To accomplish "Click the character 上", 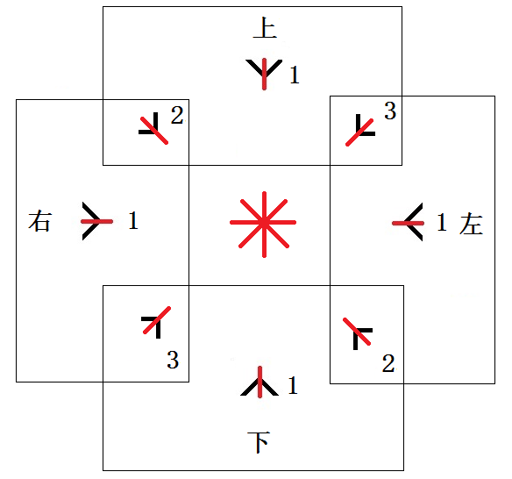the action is [x=265, y=27].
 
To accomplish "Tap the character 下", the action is [x=259, y=442].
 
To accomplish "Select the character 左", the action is [x=471, y=224].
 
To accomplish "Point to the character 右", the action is [x=39, y=221].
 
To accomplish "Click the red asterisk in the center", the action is [x=264, y=224].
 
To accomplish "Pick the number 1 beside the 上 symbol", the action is [x=295, y=75].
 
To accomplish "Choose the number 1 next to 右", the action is [x=133, y=220].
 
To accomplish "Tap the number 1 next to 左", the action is [x=442, y=222].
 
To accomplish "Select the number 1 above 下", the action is [x=293, y=385].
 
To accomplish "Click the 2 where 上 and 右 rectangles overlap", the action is [x=177, y=115].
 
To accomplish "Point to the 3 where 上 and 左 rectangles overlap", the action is [x=390, y=111].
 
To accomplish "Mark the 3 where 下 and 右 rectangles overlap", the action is [x=173, y=360].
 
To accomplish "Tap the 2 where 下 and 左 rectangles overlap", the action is [x=388, y=363].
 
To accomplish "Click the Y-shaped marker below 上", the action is [x=264, y=74].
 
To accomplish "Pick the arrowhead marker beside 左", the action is [x=409, y=223].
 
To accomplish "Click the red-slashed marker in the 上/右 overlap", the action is [x=153, y=130].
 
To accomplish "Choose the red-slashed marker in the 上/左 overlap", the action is [x=359, y=132].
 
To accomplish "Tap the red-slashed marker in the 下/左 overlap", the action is [x=357, y=332].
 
